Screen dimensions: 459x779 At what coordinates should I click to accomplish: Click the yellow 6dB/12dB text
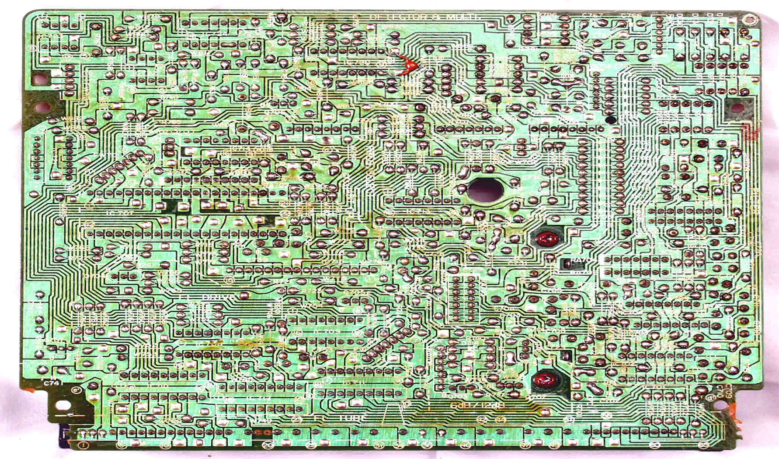coord(477,406)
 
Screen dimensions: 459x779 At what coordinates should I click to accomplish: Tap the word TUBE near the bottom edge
coord(352,419)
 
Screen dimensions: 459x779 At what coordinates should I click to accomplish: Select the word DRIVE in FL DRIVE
coord(218,298)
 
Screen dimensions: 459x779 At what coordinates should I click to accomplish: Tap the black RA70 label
coord(581,261)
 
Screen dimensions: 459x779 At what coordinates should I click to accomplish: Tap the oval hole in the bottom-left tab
coord(63,405)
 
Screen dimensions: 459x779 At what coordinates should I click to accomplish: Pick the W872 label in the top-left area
coord(143,18)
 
